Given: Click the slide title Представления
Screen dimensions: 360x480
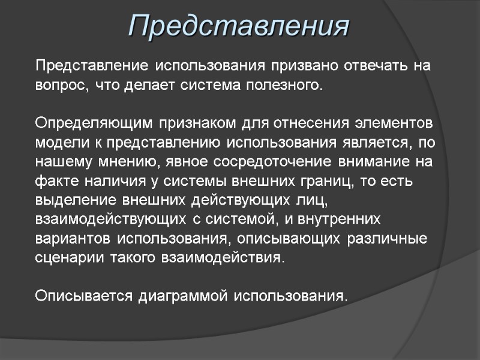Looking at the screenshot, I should tap(239, 27).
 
